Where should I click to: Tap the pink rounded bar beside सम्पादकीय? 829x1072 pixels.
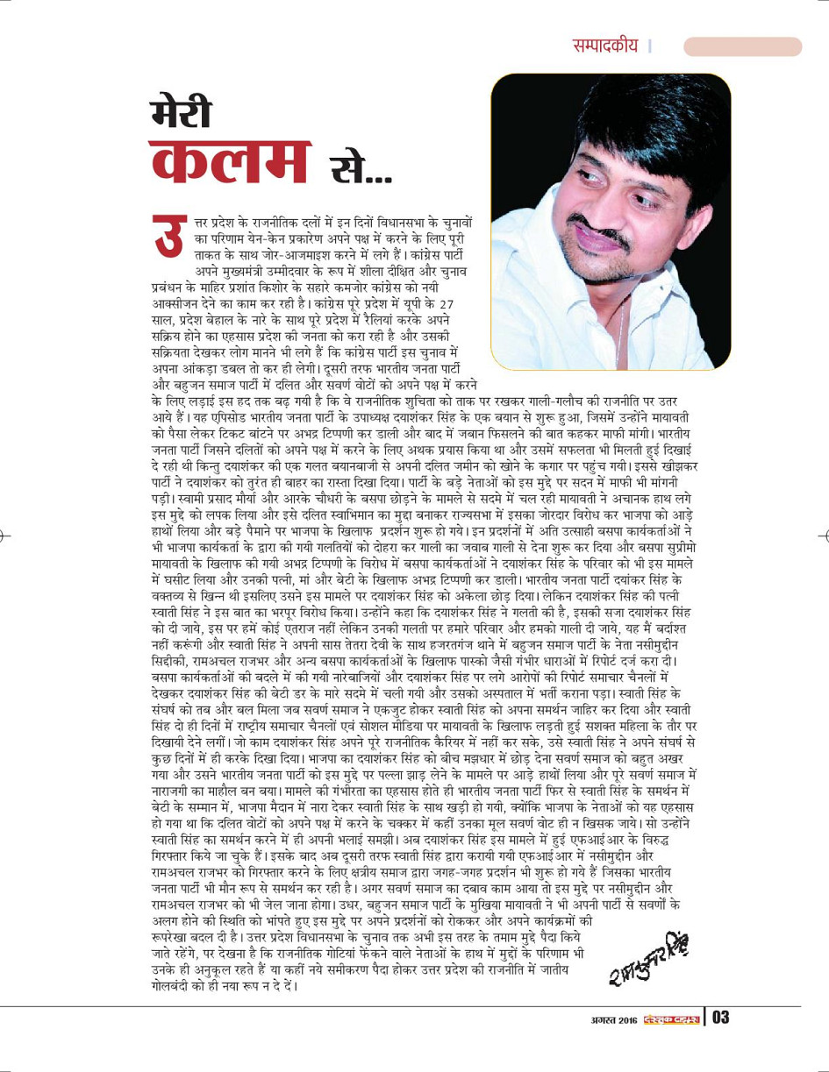tap(741, 46)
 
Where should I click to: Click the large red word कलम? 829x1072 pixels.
tap(230, 162)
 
